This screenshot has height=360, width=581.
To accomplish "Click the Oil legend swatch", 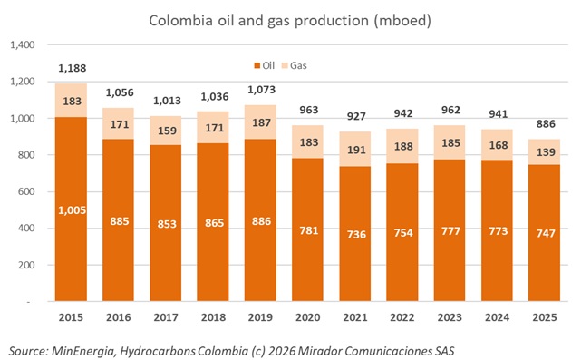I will [257, 65].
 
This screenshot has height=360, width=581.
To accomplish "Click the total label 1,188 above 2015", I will [72, 68].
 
